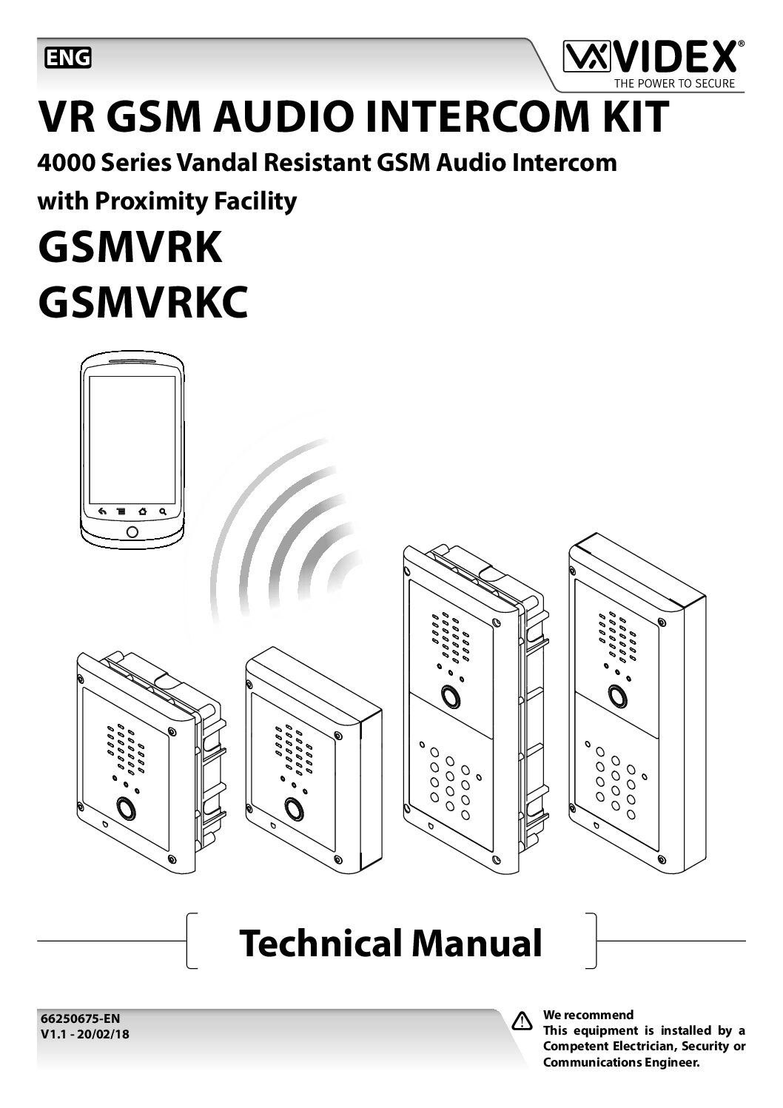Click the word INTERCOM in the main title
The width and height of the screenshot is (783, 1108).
(x=452, y=116)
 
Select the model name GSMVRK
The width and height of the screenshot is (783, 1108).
(x=130, y=248)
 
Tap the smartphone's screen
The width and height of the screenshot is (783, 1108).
(x=132, y=438)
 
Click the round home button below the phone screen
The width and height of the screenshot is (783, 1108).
(x=132, y=531)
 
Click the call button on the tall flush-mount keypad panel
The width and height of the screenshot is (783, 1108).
(x=448, y=696)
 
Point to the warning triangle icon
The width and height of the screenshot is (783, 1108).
(x=522, y=1021)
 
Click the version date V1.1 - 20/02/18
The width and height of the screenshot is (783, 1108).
(x=83, y=1034)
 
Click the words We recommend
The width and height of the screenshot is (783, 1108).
(x=588, y=1015)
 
